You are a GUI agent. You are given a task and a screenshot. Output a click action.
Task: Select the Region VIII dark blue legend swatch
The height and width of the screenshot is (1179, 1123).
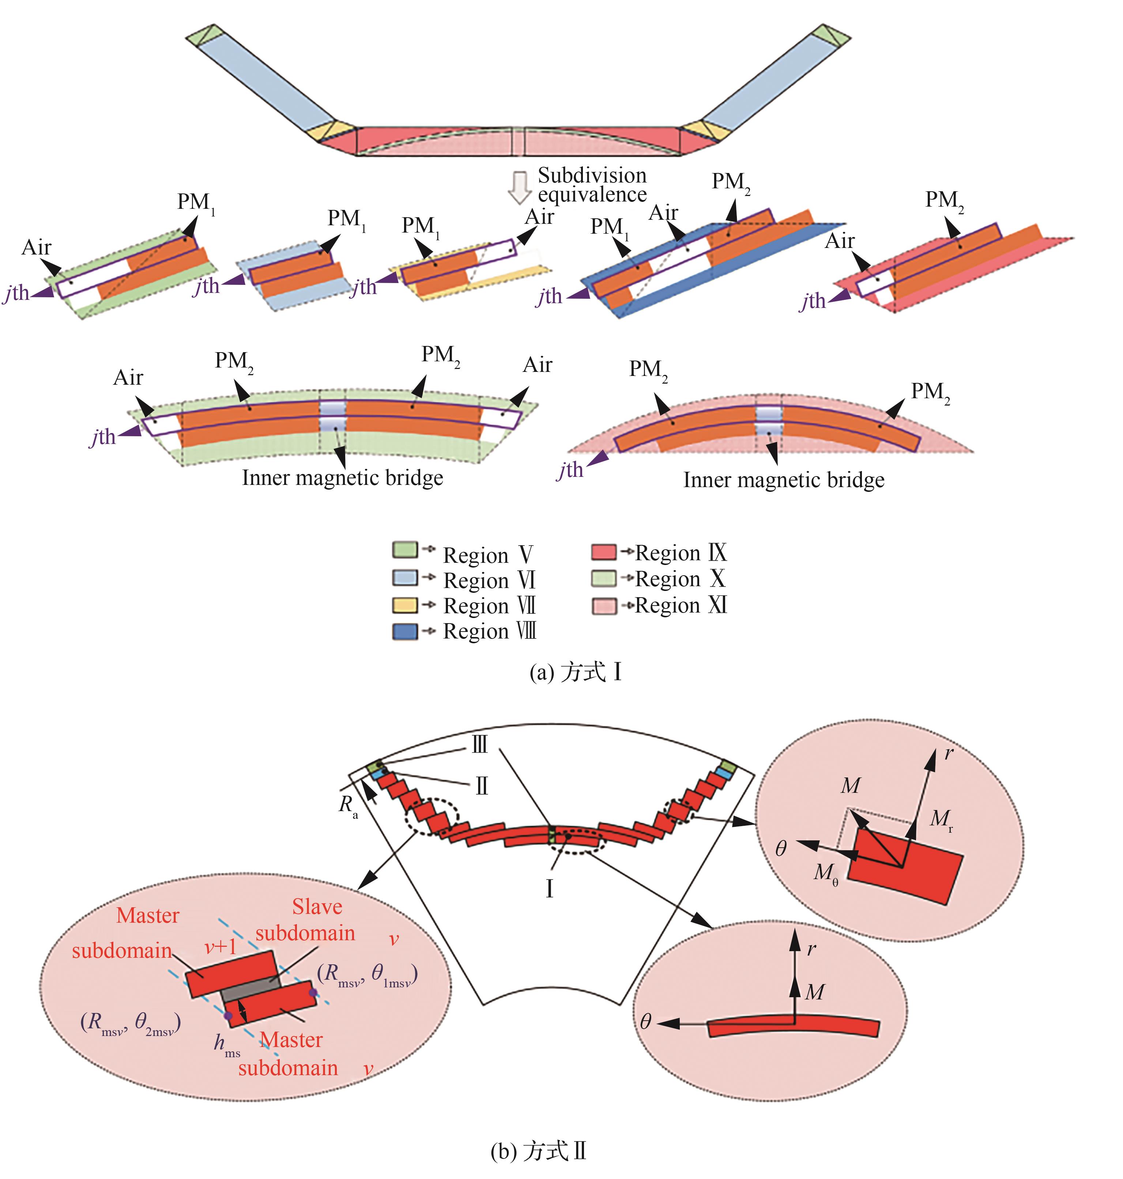click(405, 630)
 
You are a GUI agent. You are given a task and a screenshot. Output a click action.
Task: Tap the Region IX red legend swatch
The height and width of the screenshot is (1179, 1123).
click(603, 551)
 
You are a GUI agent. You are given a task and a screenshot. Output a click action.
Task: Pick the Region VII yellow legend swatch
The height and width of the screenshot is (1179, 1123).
click(405, 605)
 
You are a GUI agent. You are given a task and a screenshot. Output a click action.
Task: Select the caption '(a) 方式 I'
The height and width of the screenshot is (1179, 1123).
click(575, 673)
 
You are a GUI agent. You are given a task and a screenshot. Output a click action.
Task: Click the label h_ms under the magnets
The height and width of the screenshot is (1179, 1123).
click(227, 1044)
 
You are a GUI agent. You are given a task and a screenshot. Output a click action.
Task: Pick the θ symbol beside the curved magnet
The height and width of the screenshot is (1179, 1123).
click(645, 1021)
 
